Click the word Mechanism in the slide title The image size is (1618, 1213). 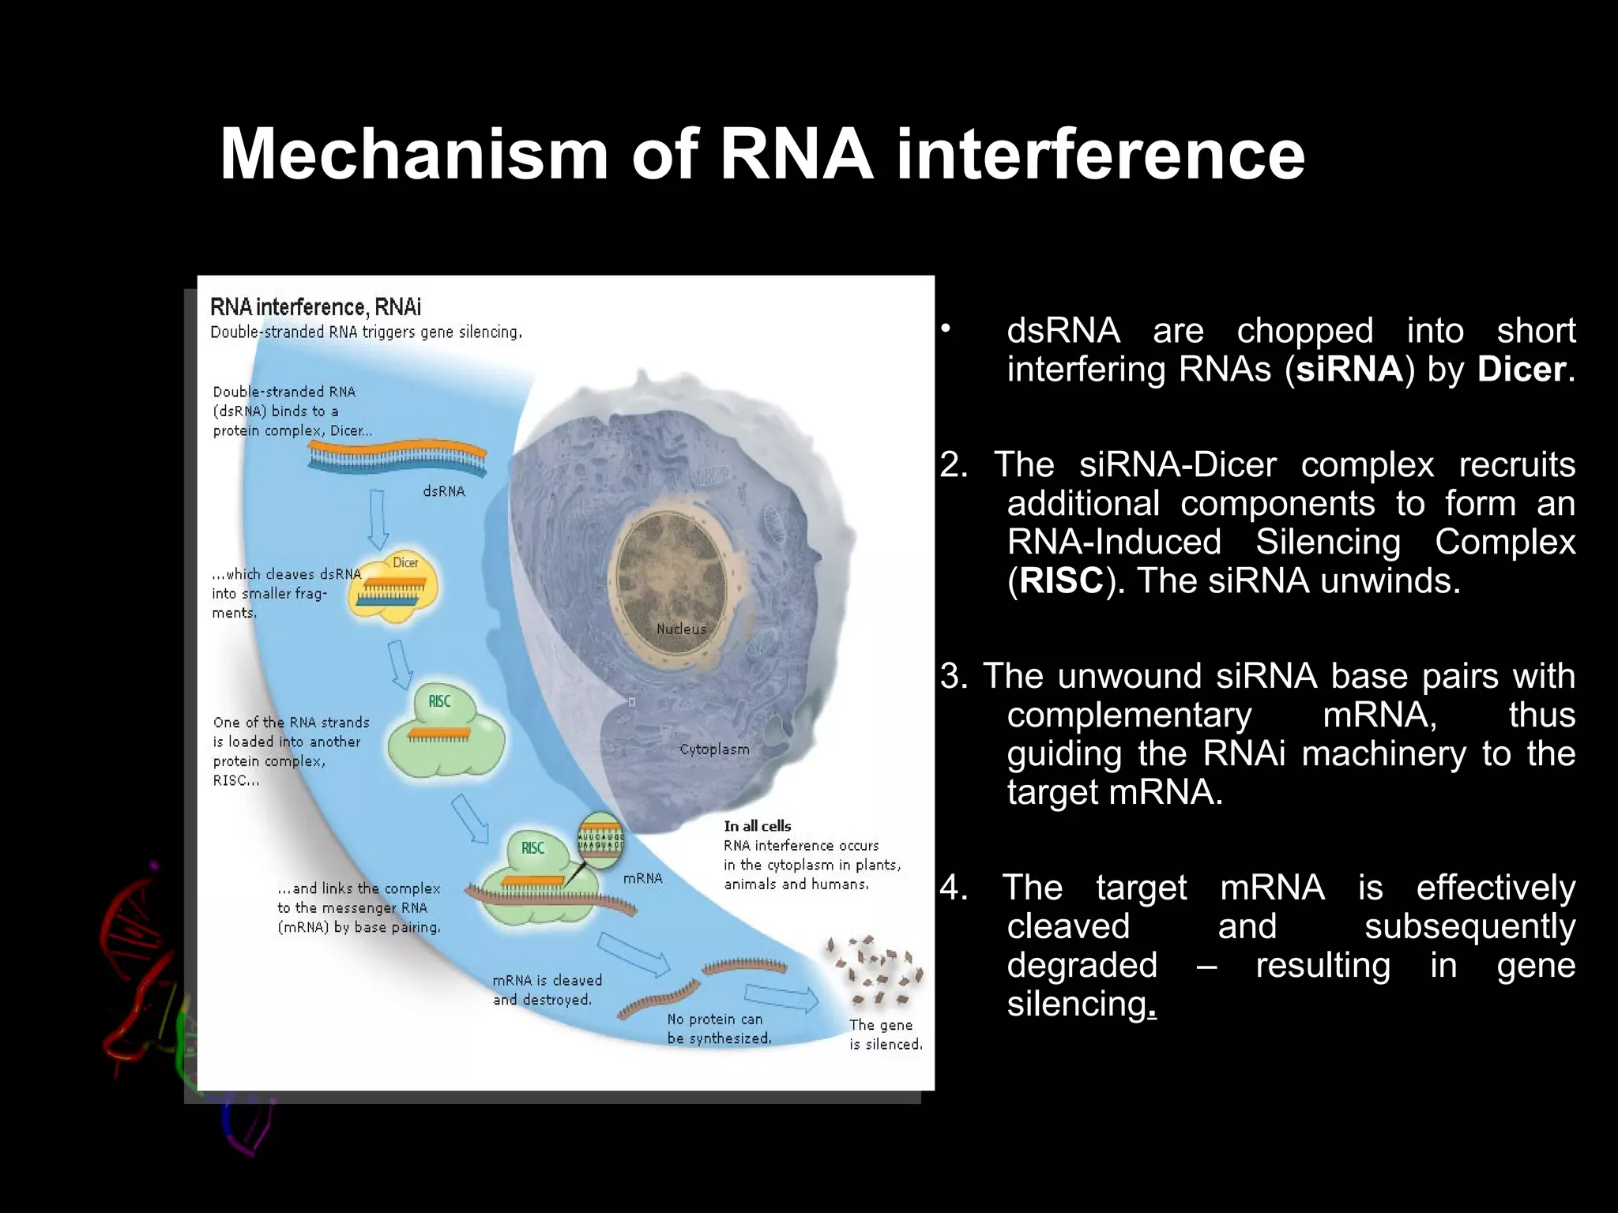tap(414, 154)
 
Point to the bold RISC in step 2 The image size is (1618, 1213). tap(1060, 581)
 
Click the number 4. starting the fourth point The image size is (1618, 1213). tap(954, 888)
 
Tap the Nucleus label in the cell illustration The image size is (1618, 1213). tap(681, 629)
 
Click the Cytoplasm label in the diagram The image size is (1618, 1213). tap(714, 749)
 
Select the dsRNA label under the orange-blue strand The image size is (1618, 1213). tap(443, 491)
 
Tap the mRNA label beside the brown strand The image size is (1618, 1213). tap(642, 878)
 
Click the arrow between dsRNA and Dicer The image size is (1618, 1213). tap(378, 519)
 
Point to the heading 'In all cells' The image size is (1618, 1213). tap(757, 826)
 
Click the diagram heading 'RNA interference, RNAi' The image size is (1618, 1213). tap(315, 306)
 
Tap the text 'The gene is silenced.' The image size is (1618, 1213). tap(885, 1035)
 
